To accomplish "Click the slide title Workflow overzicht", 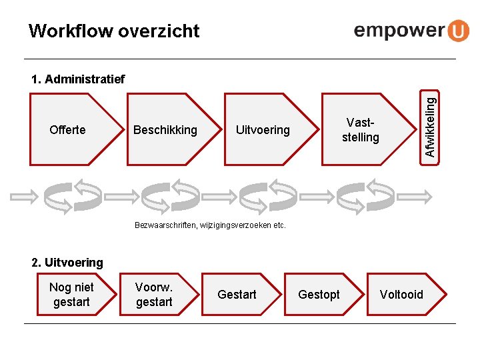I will pos(114,31).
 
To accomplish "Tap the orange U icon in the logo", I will pos(457,31).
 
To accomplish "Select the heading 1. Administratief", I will pos(78,80).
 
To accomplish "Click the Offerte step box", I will pos(67,129).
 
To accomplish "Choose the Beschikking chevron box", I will pos(165,129).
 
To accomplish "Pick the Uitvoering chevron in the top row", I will pos(263,129).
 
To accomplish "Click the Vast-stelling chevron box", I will pos(360,129).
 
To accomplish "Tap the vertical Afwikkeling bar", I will pos(431,127).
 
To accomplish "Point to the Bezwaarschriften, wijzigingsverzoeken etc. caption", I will pos(210,225).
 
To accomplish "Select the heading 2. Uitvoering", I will pos(67,263).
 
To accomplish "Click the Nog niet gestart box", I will pos(71,295).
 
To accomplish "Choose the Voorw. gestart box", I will pos(154,295).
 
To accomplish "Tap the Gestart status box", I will pos(237,295).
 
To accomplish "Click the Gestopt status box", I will pos(319,295).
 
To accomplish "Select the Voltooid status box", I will pos(401,295).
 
